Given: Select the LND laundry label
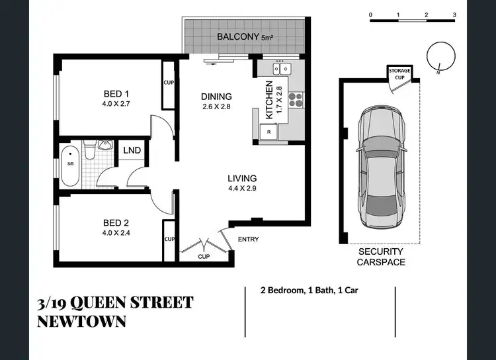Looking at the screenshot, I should coord(132,151).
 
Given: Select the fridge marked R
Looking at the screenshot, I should coord(269,132).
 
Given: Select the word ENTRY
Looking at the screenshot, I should coord(248,240).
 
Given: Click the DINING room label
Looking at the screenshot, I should coord(216,97).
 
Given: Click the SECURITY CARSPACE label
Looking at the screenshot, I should coord(382,257).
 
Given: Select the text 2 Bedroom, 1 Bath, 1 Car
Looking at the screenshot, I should coord(310,290).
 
